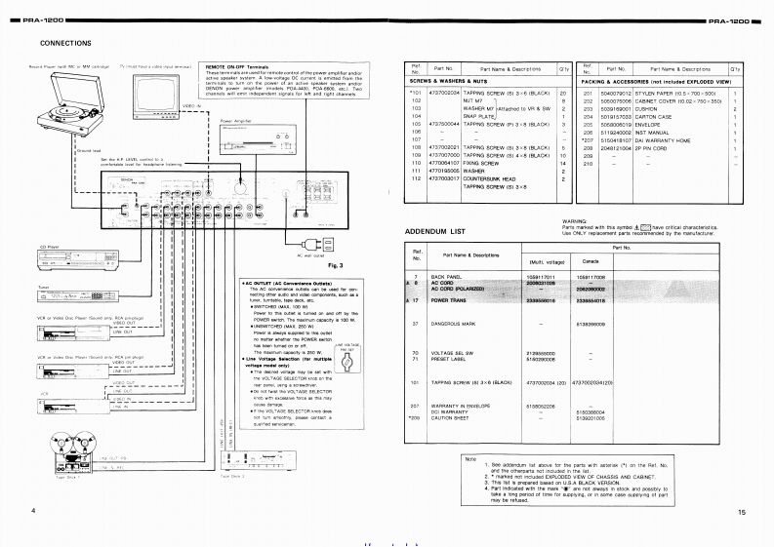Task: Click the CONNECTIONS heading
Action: (x=65, y=44)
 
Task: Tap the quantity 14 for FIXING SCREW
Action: (x=564, y=163)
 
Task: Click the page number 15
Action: (x=742, y=512)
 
